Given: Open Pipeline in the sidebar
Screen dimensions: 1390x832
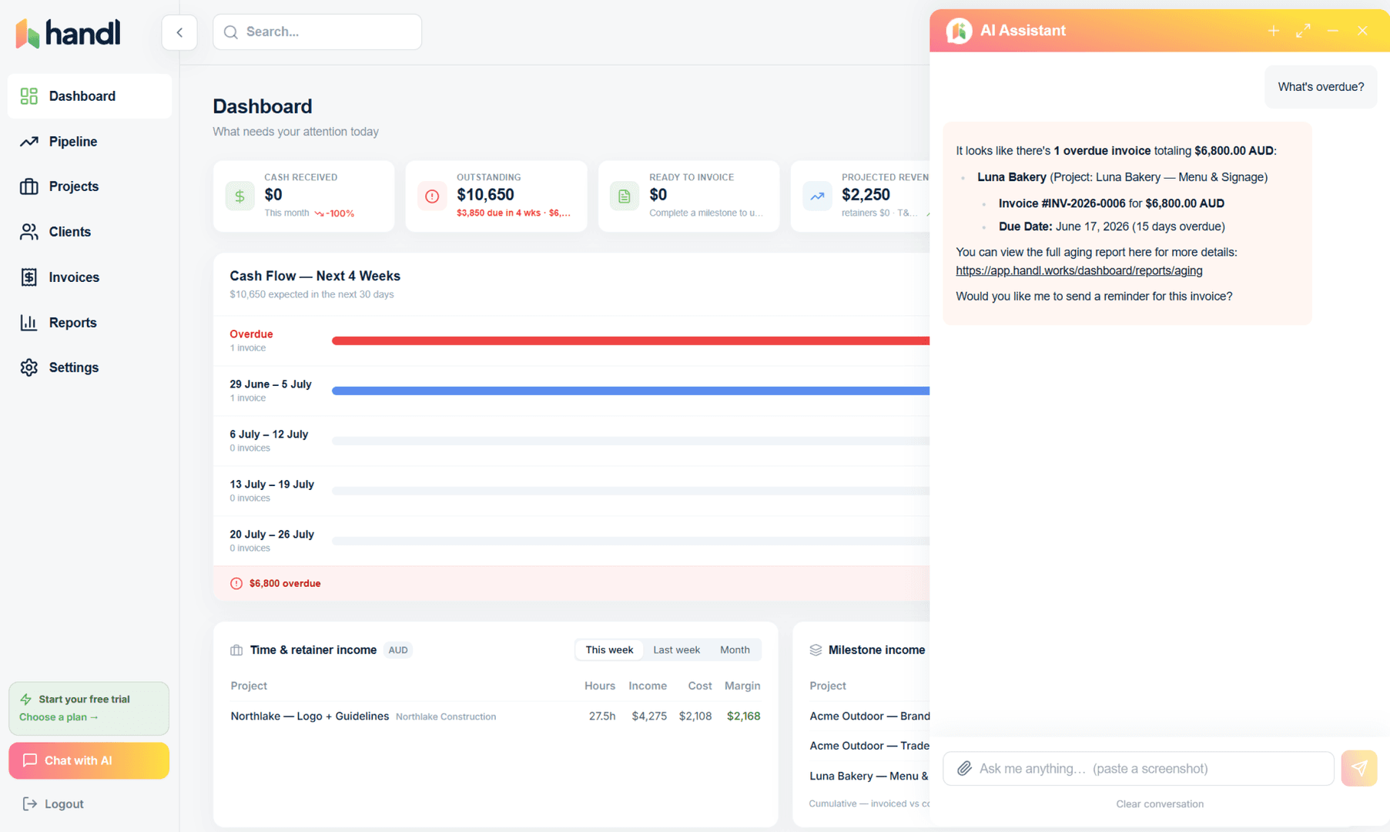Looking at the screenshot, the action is click(73, 142).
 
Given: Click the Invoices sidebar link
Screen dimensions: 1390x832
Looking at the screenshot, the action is click(74, 277).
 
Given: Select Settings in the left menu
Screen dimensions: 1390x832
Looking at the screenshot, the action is click(74, 367).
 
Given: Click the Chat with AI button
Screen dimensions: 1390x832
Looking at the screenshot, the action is click(89, 760).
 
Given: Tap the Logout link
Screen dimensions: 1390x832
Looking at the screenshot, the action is click(54, 803).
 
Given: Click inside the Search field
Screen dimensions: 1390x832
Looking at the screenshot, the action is click(317, 32).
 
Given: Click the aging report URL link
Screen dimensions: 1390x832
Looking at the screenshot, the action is click(1079, 270).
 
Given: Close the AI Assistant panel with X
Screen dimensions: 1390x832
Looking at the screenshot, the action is click(1362, 31).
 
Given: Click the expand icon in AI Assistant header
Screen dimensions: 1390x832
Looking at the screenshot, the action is click(1303, 31).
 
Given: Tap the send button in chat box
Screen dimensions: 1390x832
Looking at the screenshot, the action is click(1359, 768).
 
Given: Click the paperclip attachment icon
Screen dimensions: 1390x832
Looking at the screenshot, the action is click(964, 768).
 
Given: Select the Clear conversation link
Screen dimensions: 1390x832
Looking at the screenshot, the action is click(1160, 803).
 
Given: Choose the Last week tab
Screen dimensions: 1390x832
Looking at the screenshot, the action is click(677, 649).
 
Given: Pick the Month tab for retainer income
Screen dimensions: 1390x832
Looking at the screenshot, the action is click(735, 649).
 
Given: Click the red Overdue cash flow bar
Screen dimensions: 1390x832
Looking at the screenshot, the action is click(631, 341).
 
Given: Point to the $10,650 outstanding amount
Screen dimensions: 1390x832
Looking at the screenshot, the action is click(485, 195).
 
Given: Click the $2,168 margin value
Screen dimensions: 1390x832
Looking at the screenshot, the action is click(743, 716).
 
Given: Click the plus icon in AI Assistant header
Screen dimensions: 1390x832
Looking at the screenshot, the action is click(1274, 31).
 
